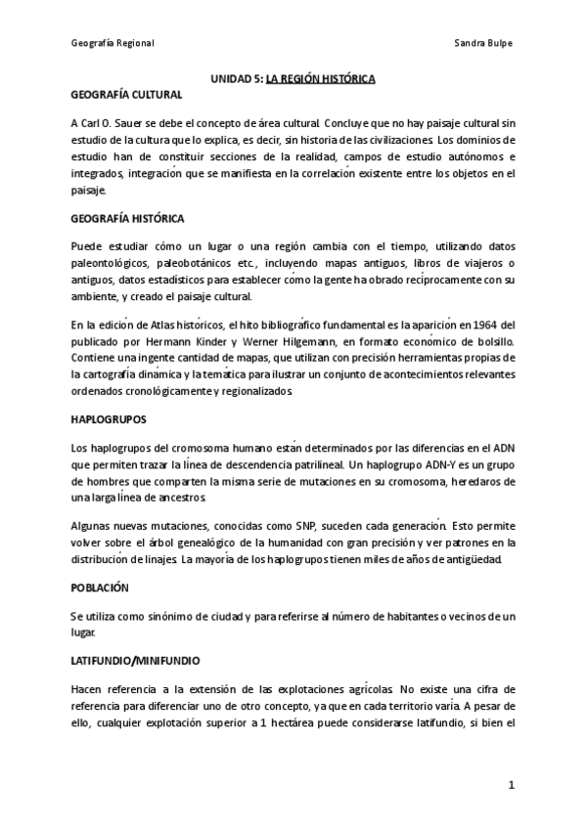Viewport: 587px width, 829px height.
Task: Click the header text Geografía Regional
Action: [x=113, y=44]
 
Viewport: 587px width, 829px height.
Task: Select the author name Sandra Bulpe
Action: [x=484, y=44]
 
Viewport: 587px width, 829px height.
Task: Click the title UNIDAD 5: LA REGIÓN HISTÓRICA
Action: [x=293, y=78]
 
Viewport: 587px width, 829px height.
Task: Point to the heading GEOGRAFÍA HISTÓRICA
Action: [x=128, y=217]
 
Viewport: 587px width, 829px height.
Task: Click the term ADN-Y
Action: [x=427, y=464]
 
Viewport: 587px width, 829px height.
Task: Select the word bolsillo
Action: [x=493, y=341]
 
